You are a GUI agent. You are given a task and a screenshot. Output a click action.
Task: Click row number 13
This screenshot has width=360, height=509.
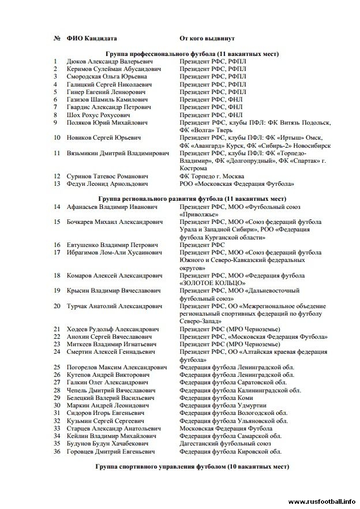coord(56,184)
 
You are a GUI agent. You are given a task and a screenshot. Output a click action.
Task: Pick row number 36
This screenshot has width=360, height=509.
coord(57,452)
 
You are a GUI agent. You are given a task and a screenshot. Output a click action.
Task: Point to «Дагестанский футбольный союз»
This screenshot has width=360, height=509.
coord(225,444)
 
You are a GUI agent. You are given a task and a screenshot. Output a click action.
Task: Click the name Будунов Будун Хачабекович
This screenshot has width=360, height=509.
coord(104,444)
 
